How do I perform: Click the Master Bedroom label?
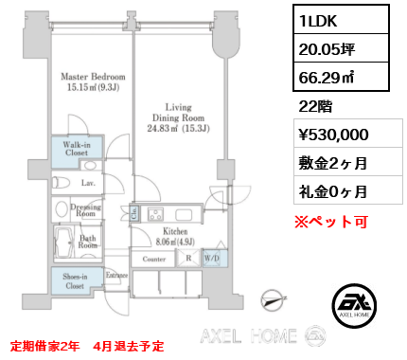pyautogui.click(x=93, y=81)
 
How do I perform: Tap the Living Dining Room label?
pyautogui.click(x=178, y=117)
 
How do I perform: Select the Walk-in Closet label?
pyautogui.click(x=77, y=149)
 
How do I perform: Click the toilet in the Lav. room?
pyautogui.click(x=62, y=183)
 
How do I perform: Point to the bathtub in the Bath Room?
pyautogui.click(x=63, y=243)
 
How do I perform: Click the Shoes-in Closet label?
pyautogui.click(x=75, y=281)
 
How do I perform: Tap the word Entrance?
pyautogui.click(x=116, y=275)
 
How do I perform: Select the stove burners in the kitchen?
pyautogui.click(x=155, y=214)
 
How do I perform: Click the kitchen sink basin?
pyautogui.click(x=184, y=215)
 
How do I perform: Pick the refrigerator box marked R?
pyautogui.click(x=188, y=259)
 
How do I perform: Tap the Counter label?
pyautogui.click(x=154, y=259)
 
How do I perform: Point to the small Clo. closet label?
pyautogui.click(x=133, y=213)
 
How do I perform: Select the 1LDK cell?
pyautogui.click(x=341, y=20)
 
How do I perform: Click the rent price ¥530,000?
pyautogui.click(x=333, y=135)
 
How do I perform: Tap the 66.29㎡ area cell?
pyautogui.click(x=341, y=77)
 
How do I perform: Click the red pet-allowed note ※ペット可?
pyautogui.click(x=331, y=222)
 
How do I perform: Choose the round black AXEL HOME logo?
pyautogui.click(x=354, y=305)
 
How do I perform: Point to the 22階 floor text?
pyautogui.click(x=315, y=106)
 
